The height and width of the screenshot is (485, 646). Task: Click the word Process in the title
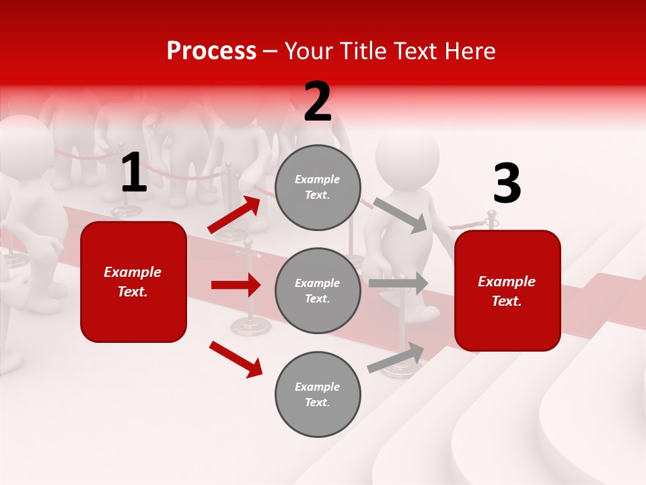tap(211, 51)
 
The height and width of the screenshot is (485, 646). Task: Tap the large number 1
tap(134, 173)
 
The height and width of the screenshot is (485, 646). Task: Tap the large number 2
tap(318, 102)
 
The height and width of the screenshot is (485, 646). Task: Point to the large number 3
tap(507, 184)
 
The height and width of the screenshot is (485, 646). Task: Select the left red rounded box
tap(133, 282)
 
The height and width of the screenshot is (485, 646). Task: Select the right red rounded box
tap(507, 290)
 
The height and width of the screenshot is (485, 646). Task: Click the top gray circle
tap(318, 187)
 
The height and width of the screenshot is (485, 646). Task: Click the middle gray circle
tap(318, 290)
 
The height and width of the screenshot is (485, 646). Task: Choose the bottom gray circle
tap(318, 394)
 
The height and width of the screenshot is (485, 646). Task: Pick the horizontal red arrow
tap(236, 285)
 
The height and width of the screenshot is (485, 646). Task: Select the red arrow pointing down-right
tap(236, 358)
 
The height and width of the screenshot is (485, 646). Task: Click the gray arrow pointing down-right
tap(400, 215)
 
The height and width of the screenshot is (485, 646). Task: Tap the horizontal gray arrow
tap(398, 283)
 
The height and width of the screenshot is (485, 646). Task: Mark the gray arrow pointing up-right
tap(396, 358)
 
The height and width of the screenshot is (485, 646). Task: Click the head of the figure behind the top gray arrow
tap(406, 159)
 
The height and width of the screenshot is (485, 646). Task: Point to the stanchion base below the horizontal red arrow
tap(251, 327)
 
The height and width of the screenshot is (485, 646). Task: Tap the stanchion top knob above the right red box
tap(492, 216)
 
